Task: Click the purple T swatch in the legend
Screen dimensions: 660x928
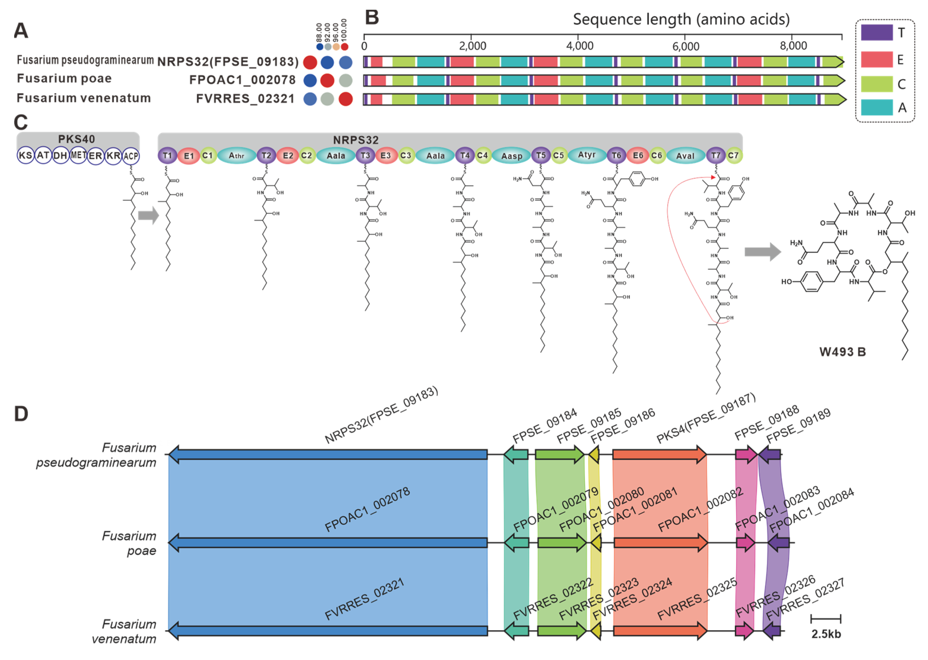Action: point(876,33)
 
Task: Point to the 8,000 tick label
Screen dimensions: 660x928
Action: point(793,46)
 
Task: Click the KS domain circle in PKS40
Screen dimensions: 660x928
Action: point(25,156)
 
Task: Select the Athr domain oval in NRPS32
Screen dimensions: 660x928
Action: point(236,156)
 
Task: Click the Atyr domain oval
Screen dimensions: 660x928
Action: point(586,155)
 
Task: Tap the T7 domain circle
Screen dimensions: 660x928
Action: point(715,155)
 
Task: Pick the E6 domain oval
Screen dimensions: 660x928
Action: point(638,156)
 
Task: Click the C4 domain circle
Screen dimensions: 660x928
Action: point(483,155)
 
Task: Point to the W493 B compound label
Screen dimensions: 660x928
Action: point(842,352)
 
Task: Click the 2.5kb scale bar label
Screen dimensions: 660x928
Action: point(826,634)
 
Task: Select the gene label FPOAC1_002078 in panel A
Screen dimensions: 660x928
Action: point(243,80)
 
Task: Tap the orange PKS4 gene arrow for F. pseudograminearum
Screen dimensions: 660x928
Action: point(659,454)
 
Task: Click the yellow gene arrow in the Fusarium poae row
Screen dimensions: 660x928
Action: point(596,543)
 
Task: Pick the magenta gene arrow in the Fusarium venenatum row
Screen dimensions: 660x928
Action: point(744,631)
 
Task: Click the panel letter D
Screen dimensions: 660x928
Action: point(21,414)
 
